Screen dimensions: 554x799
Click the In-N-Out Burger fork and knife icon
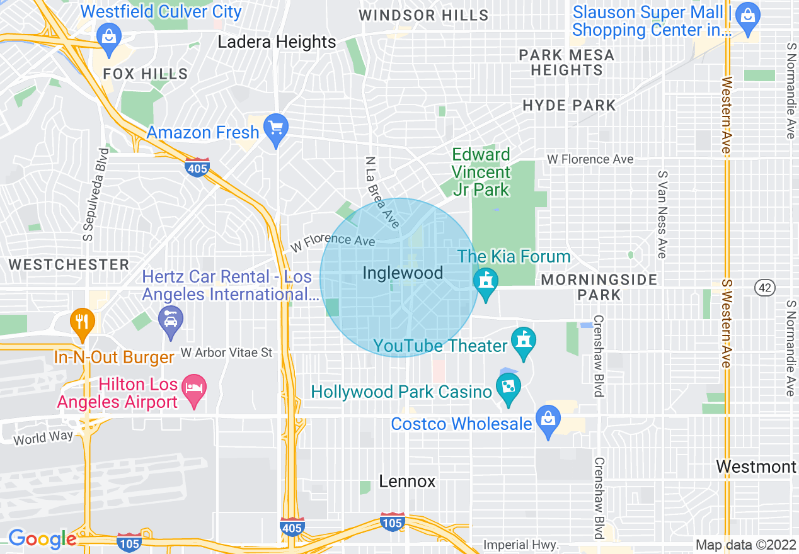pos(82,321)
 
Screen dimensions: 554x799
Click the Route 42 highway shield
pos(764,288)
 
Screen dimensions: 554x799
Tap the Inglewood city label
pos(403,273)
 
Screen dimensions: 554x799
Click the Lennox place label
pos(407,482)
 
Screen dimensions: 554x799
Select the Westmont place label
pos(756,467)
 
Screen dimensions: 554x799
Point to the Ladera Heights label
pos(277,42)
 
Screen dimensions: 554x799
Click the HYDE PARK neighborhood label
pos(569,105)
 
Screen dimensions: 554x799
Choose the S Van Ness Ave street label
pos(662,214)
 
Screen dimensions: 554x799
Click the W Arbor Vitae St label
pos(226,353)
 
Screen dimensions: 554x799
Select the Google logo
pos(42,539)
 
